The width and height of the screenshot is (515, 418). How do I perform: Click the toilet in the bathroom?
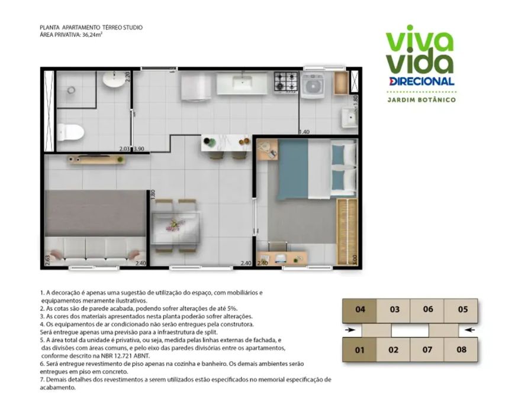70,132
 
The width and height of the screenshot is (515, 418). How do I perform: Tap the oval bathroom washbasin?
114,79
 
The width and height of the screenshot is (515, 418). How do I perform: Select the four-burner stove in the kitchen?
286,82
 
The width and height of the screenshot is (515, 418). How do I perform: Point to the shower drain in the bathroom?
71,90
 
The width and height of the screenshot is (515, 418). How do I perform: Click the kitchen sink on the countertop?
242,82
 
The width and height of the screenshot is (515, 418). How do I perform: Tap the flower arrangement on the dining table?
175,225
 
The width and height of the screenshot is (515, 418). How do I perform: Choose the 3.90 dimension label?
139,148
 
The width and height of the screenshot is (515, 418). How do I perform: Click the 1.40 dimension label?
304,132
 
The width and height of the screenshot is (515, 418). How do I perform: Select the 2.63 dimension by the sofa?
47,260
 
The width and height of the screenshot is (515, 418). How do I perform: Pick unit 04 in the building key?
360,310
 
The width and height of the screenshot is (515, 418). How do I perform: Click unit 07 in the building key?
427,350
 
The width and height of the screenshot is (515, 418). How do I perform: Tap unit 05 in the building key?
462,310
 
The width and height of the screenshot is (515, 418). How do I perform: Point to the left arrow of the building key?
350,330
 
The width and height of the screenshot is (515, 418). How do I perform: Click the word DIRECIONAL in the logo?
421,81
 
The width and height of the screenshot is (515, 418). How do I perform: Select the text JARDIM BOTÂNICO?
421,100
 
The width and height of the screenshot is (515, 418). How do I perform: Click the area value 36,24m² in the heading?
92,34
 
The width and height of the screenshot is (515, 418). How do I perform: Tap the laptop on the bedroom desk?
281,258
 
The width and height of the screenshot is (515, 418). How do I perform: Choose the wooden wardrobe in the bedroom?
347,232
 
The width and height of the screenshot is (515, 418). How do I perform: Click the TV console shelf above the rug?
97,160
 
